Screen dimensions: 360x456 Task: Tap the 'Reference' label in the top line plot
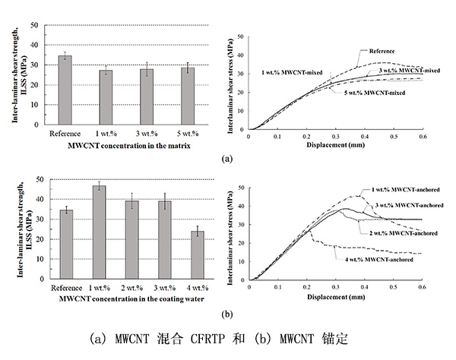[382, 51]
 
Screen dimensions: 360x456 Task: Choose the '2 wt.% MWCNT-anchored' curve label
[402, 232]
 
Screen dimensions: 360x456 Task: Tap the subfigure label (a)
[227, 159]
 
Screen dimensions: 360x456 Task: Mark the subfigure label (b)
[227, 312]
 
